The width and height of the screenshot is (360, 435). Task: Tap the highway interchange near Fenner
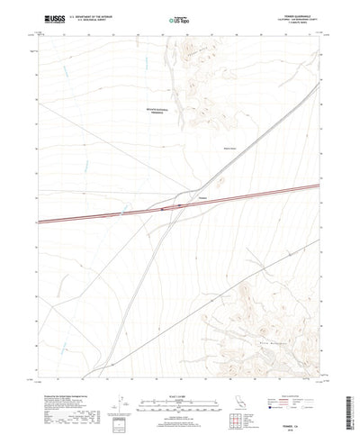(166, 209)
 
